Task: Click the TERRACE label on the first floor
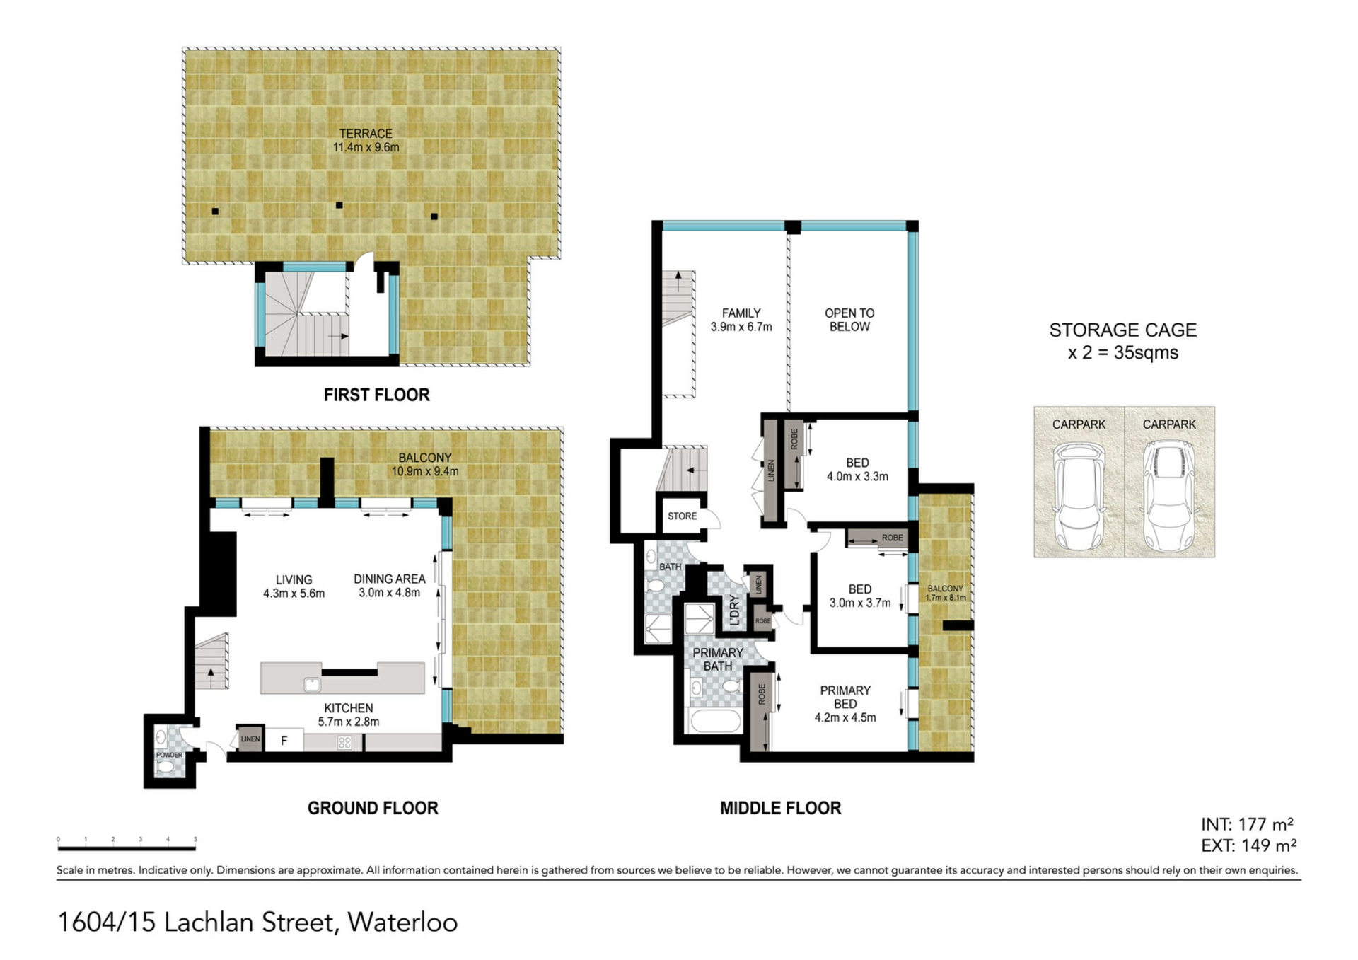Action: click(x=366, y=134)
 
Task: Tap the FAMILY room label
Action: click(x=741, y=313)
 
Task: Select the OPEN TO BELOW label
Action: click(x=849, y=320)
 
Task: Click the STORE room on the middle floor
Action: click(x=682, y=516)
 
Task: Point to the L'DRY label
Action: click(x=734, y=610)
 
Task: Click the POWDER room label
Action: click(x=169, y=755)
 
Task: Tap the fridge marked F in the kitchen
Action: click(x=284, y=741)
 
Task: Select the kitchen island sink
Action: click(x=312, y=684)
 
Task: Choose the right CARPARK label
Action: click(x=1169, y=424)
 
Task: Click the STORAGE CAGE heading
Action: click(x=1122, y=330)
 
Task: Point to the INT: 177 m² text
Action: click(x=1248, y=825)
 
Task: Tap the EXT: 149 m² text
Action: click(x=1248, y=845)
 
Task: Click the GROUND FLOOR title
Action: click(x=373, y=808)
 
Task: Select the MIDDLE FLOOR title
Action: click(x=781, y=808)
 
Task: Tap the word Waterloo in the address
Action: click(x=402, y=923)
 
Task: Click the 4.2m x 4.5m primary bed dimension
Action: click(x=845, y=717)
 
